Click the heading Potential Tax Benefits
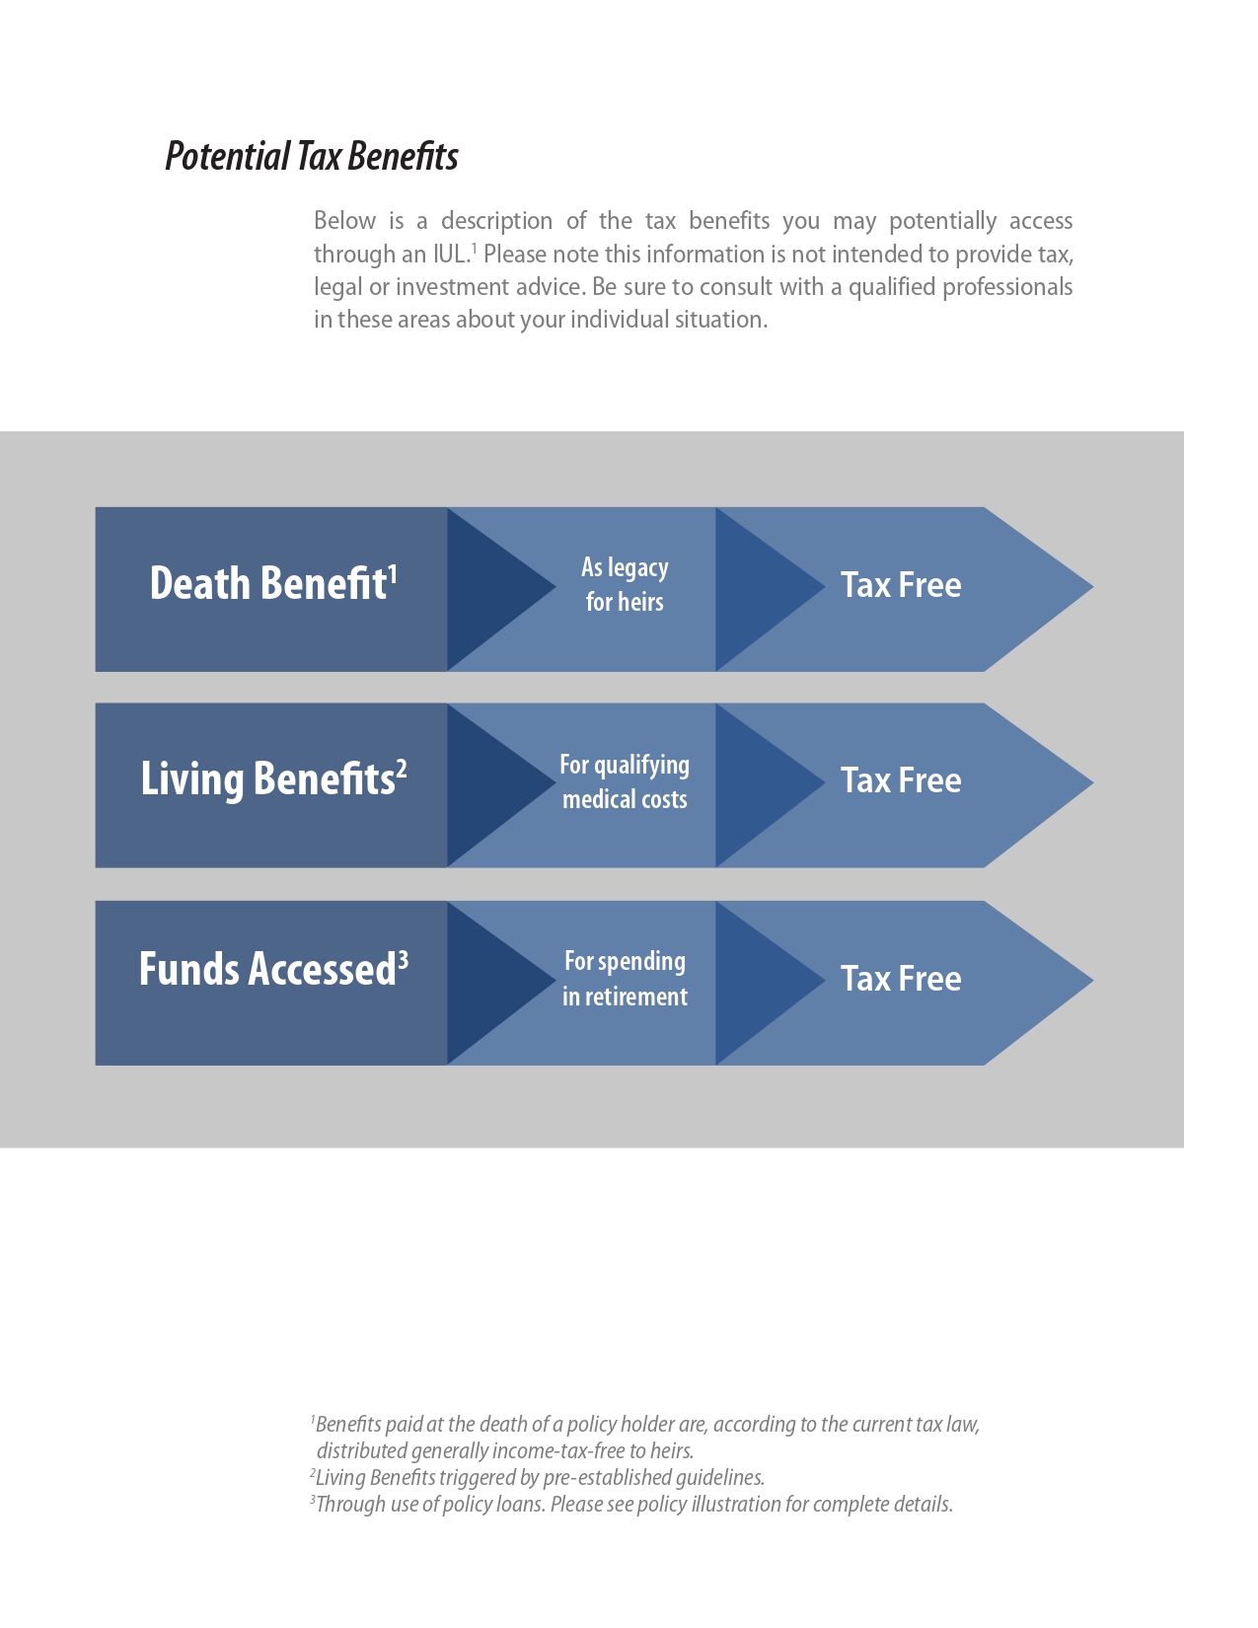pos(311,157)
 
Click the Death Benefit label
pos(268,583)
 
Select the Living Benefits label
pos(268,779)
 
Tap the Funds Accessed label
pos(267,969)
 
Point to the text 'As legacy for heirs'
pos(625,584)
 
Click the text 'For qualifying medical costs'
pos(625,781)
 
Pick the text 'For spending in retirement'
pos(625,979)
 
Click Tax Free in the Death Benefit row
pos(901,584)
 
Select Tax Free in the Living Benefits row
pos(901,779)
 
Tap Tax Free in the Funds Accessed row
pos(901,978)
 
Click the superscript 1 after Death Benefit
pos(393,574)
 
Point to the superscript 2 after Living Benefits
pos(402,770)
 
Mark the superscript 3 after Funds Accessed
pos(404,960)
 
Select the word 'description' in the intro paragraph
pos(496,222)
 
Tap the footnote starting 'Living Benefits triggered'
pos(537,1477)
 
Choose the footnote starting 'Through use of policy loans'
pos(631,1505)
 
